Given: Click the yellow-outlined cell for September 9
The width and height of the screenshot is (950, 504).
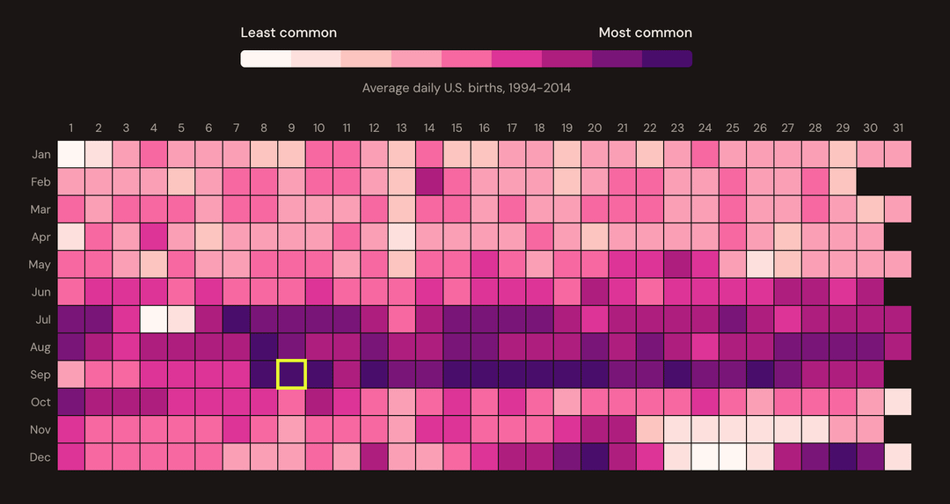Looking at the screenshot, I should coord(291,374).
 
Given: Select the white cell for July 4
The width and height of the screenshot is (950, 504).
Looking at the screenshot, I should coord(154,318).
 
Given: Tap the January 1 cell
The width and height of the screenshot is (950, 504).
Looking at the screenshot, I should coord(71,154).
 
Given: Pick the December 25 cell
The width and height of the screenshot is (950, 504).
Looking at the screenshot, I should coord(732,457).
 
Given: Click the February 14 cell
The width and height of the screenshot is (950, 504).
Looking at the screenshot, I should coord(429,181).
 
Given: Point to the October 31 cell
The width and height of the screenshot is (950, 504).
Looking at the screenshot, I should coord(897,401).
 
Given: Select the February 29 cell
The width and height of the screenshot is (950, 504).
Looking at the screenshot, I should coord(843,181).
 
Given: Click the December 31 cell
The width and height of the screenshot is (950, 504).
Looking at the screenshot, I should coord(897,457).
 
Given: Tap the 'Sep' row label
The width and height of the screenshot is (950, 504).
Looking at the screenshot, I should coord(40,375).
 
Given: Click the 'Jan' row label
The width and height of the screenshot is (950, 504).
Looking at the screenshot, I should coord(40,155).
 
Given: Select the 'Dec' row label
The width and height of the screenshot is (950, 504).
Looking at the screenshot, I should coord(40,457).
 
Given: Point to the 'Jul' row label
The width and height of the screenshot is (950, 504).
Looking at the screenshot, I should coord(41,319).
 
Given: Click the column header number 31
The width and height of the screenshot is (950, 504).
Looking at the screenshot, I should coord(897,128).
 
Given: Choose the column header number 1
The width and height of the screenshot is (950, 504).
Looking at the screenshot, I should coord(71,128).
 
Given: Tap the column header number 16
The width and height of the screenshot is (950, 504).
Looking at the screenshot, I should coord(484,128).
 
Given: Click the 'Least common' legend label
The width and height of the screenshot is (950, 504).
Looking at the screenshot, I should coord(289,33).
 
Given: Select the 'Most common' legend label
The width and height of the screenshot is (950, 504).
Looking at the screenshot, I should coord(645,33).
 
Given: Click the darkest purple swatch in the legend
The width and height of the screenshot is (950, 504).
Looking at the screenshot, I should coord(667,59).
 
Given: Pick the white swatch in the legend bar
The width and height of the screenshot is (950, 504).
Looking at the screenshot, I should coord(266,59).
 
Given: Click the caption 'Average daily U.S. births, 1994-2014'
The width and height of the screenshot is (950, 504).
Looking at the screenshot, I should coord(466,88).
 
